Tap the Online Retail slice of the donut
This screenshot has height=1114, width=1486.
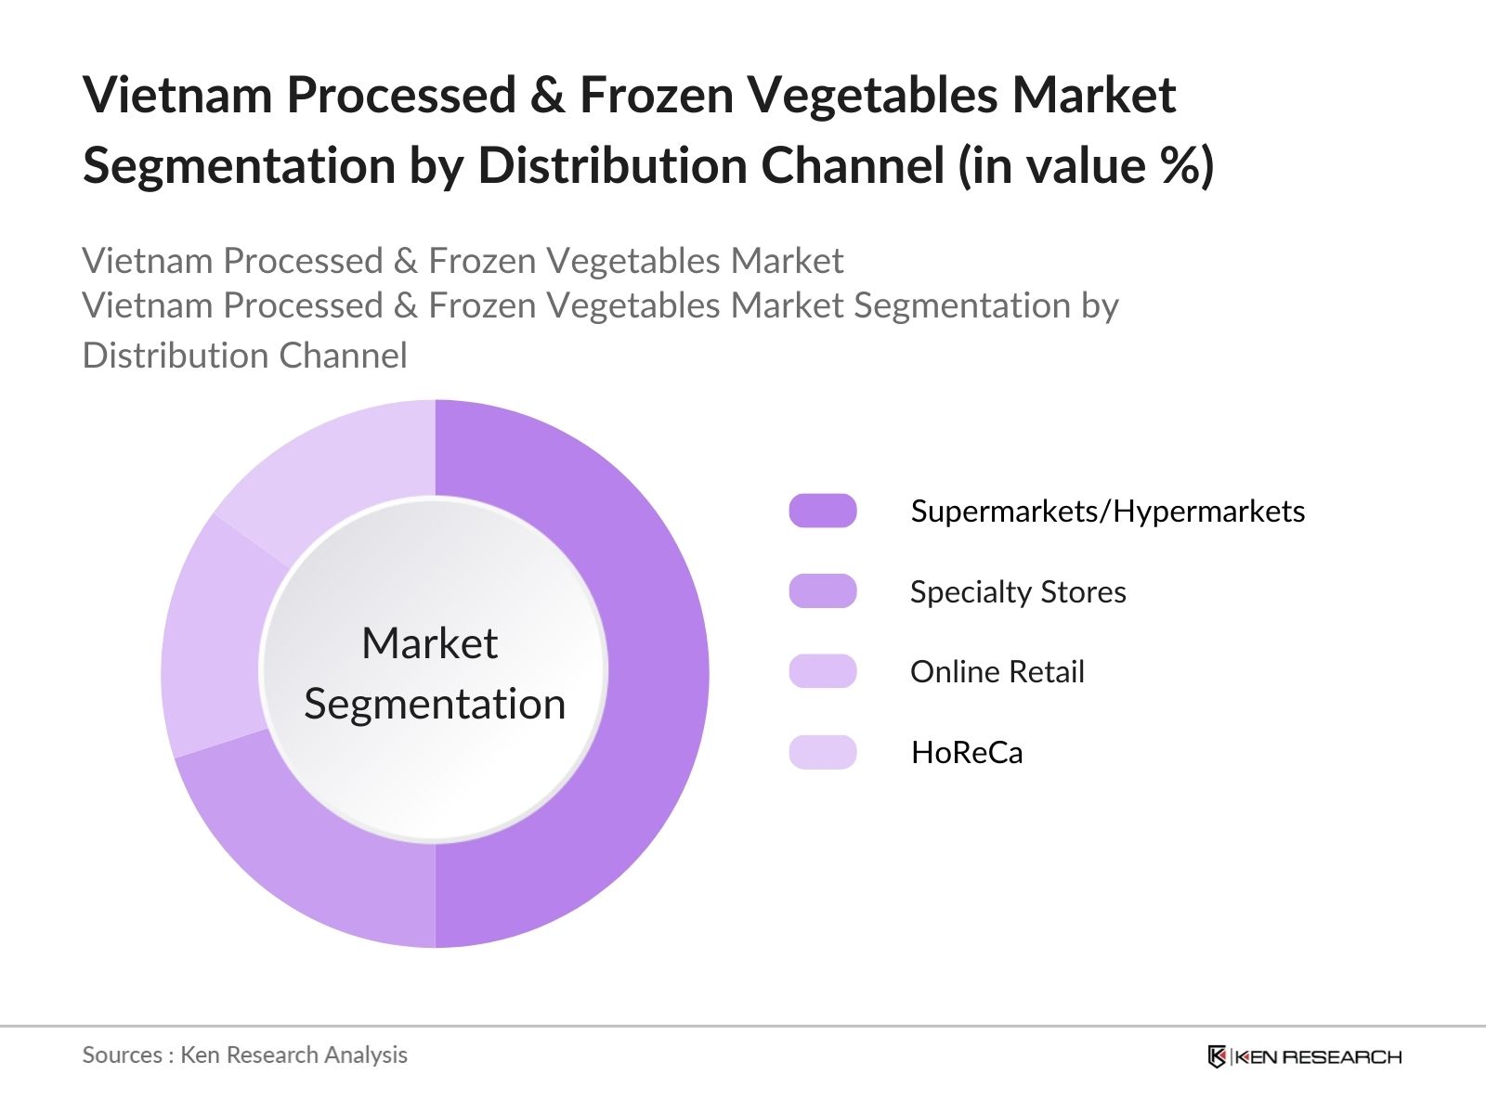pos(212,641)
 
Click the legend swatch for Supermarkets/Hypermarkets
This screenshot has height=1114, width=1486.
pos(823,511)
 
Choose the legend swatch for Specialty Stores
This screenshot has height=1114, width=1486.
pos(823,591)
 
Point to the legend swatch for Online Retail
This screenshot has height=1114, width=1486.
pos(823,671)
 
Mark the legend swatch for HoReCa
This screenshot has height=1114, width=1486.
pos(823,752)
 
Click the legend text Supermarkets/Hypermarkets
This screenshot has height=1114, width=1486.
pos(1108,511)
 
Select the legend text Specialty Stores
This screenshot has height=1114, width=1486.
pos(1018,591)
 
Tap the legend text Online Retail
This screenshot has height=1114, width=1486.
pos(997,671)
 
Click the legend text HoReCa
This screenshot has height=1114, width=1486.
pos(967,752)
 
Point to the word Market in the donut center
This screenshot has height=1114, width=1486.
pos(430,643)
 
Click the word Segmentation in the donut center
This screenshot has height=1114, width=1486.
pos(435,704)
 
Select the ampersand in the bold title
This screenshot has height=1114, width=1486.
pos(548,95)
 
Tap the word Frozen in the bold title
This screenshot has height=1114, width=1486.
pos(657,95)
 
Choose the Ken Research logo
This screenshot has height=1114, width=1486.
pos(1305,1056)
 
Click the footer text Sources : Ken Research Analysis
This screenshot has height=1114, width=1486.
pos(245,1055)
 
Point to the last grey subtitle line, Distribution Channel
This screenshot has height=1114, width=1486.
pos(245,356)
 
